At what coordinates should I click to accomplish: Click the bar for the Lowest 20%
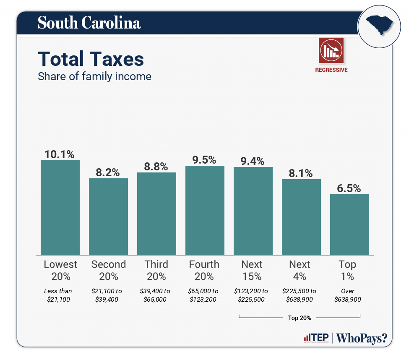pos(60,208)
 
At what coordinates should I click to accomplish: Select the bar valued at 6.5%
pos(349,224)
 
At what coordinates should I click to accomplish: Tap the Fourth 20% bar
pos(205,210)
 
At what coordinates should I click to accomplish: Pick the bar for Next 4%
pos(301,217)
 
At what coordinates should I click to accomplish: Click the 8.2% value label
pos(108,172)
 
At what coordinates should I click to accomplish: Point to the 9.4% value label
pos(253,161)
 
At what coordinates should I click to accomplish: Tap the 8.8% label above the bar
pos(156,167)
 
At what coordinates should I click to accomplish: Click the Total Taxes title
pos(91,59)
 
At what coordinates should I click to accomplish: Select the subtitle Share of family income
pos(94,77)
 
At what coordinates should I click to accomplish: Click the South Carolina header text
pos(89,23)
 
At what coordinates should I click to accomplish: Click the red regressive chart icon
pos(331,50)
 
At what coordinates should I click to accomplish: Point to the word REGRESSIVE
pos(331,70)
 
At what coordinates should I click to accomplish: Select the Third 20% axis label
pos(156,270)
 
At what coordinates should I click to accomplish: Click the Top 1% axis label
pos(347,270)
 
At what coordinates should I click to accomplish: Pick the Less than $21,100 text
pos(60,295)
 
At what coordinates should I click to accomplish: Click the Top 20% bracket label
pos(300,318)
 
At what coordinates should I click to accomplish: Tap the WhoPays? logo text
pos(362,338)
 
